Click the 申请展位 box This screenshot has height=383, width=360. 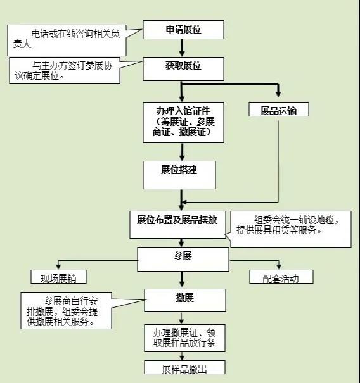[183, 30]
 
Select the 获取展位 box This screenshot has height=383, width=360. [183, 69]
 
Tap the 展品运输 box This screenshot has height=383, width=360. [279, 109]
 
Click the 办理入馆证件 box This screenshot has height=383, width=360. [183, 122]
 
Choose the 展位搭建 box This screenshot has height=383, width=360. [179, 175]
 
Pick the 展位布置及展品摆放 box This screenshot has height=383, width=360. [177, 225]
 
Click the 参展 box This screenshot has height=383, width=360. [183, 259]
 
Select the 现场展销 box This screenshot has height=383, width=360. [58, 277]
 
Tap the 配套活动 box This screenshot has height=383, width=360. [281, 277]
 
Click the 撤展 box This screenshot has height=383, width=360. [185, 301]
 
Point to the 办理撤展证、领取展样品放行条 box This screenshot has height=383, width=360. [184, 338]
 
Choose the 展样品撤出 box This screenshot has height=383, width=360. [184, 367]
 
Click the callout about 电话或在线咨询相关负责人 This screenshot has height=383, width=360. [67, 41]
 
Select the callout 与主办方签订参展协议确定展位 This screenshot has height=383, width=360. [65, 70]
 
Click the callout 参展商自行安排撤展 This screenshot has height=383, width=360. [67, 311]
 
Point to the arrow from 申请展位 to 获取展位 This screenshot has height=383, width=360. [182, 48]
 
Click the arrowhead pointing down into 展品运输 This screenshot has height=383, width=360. [278, 94]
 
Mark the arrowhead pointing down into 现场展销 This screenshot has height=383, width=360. [58, 266]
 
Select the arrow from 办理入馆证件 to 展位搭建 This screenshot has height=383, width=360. [182, 152]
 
